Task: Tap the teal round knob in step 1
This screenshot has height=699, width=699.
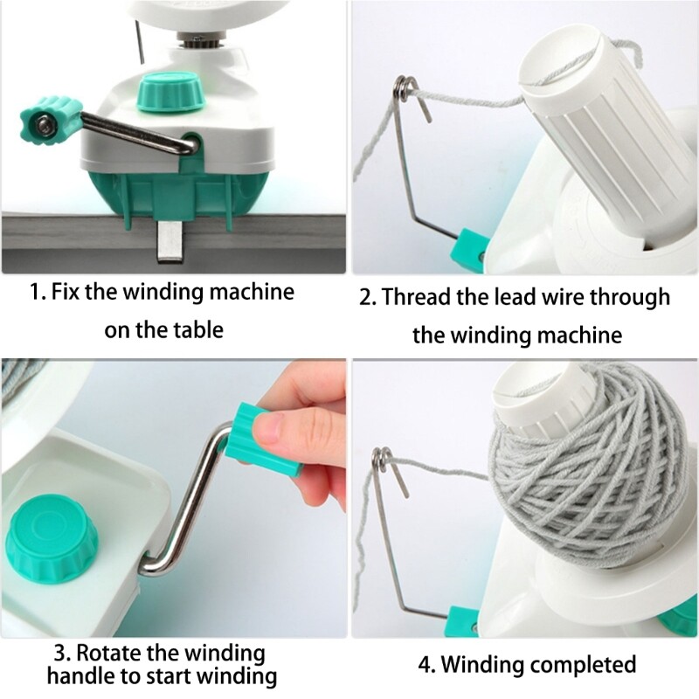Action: tap(167, 92)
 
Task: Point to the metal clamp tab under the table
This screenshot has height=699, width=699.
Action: tap(170, 240)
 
